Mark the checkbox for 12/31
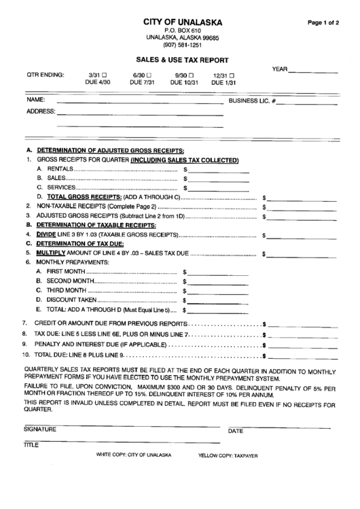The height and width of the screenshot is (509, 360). coord(232,75)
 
